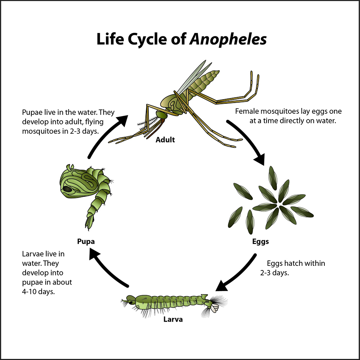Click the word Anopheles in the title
point(228,39)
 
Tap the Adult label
point(165,140)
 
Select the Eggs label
point(261,242)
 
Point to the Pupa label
point(85,242)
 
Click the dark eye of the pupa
point(68,189)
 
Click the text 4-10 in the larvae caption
point(28,291)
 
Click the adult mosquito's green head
point(161,114)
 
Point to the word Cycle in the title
point(148,39)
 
